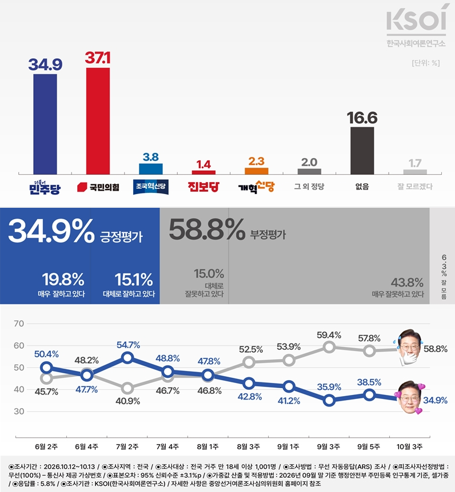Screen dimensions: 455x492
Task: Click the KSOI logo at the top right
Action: point(416,25)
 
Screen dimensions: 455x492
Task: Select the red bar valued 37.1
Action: point(98,121)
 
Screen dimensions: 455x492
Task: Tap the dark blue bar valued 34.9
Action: point(45,124)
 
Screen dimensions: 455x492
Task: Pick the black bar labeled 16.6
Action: point(362,150)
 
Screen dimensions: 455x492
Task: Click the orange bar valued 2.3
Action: point(257,171)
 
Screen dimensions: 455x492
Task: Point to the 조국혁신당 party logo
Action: point(151,187)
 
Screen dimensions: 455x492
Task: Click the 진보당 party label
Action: point(203,187)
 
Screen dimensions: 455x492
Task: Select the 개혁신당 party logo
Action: point(257,187)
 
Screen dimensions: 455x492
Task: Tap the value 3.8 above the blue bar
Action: point(151,157)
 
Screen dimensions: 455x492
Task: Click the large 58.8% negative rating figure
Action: point(207,229)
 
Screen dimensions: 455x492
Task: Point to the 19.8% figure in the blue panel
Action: point(63,279)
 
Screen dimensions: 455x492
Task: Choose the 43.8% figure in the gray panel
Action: point(407,283)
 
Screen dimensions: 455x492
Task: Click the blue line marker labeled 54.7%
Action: point(127,357)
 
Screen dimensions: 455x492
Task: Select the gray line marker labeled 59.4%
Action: point(329,347)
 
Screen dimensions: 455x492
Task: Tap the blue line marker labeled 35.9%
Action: point(329,400)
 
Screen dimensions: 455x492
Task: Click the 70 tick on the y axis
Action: point(19,324)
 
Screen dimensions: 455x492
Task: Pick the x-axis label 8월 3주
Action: point(248,446)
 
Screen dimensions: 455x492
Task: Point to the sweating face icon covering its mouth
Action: point(409,348)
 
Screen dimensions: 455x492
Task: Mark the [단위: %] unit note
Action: point(426,63)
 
